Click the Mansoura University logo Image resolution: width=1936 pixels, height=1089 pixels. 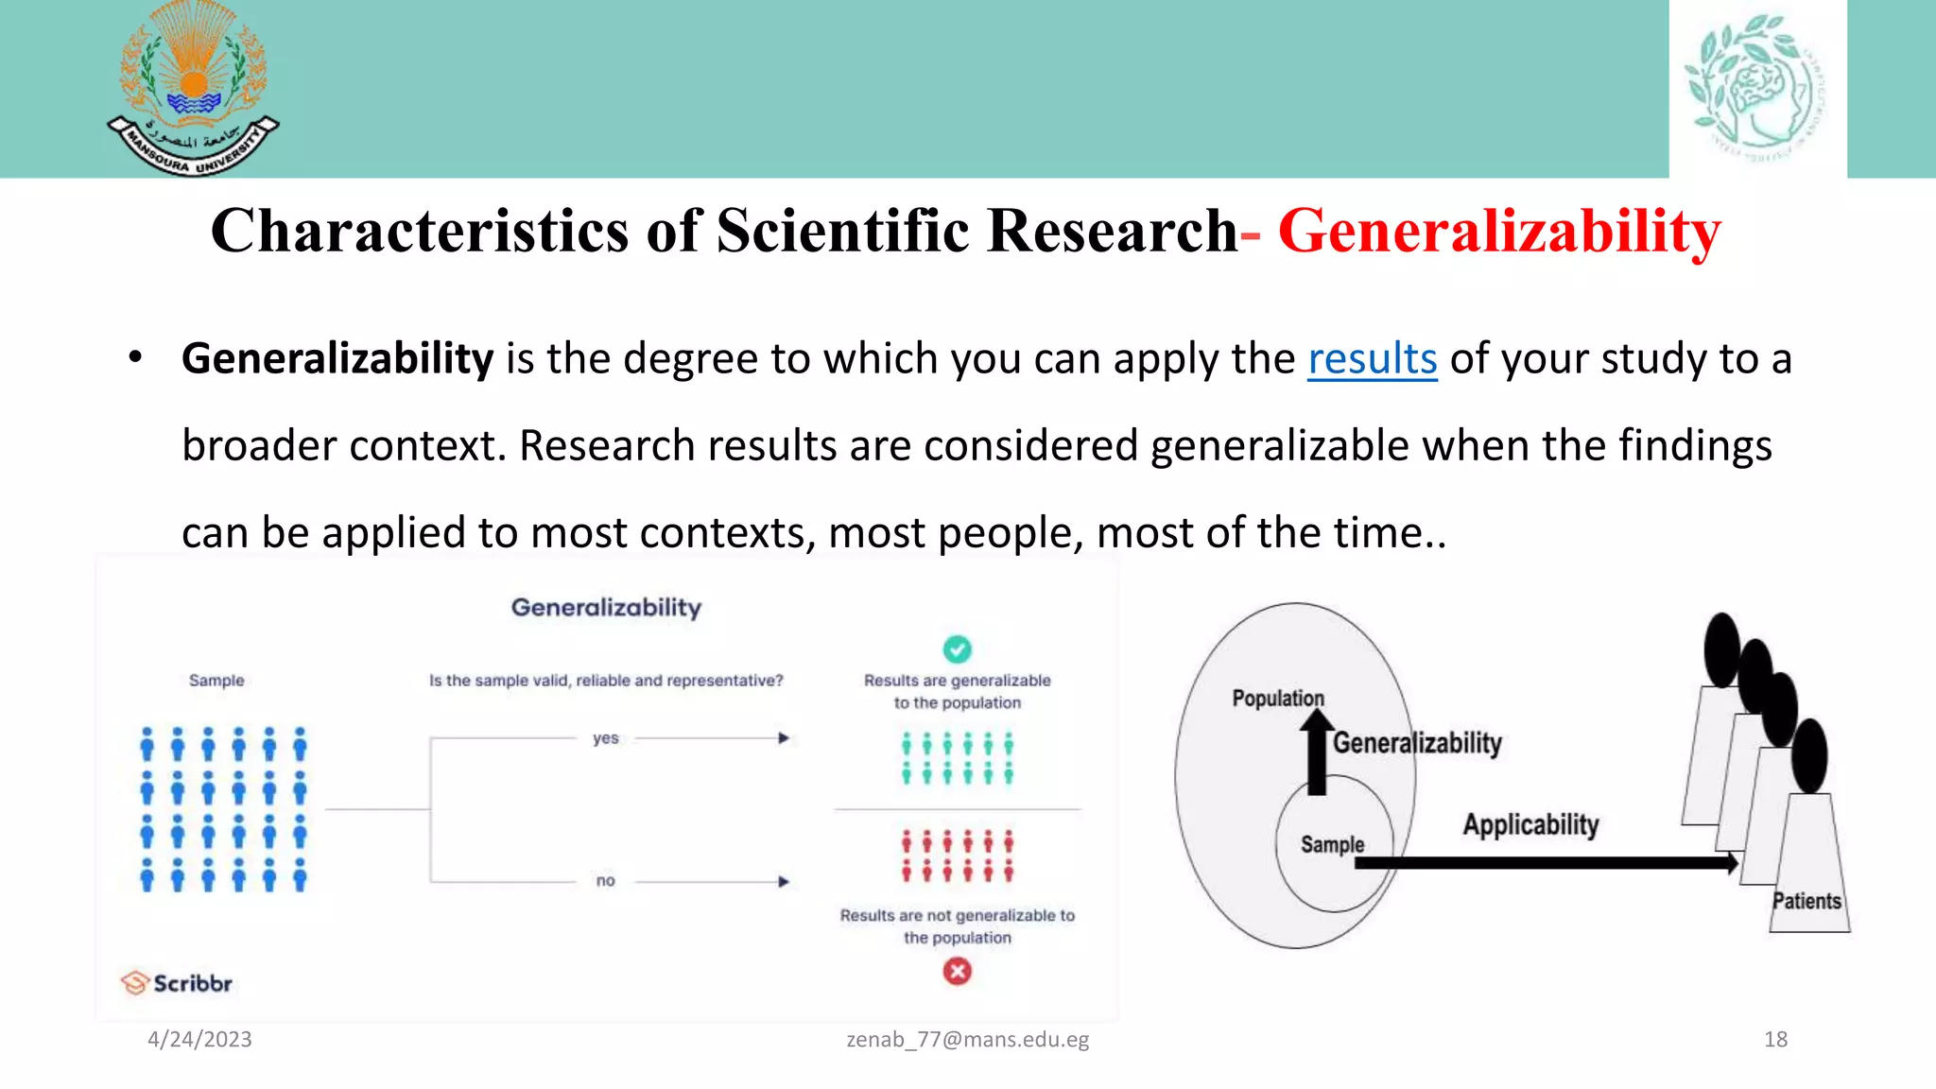193,89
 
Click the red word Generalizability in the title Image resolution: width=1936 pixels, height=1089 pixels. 1499,231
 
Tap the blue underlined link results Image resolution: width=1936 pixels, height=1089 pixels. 1372,359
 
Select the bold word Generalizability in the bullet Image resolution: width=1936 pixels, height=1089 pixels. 337,359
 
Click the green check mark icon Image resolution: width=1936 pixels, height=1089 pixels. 957,649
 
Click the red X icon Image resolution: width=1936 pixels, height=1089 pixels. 957,971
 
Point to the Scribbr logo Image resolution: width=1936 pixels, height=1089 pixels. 177,983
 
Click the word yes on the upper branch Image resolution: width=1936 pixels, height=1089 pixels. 606,738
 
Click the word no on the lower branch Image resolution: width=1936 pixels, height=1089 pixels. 606,881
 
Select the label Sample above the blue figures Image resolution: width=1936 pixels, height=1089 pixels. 216,681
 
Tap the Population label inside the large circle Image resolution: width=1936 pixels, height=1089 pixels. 1278,699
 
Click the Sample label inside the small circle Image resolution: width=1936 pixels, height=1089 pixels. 1332,844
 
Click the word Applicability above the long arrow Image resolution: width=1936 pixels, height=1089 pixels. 1530,824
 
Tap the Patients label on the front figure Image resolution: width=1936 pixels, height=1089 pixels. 1806,901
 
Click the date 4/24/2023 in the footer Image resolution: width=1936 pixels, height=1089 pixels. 199,1040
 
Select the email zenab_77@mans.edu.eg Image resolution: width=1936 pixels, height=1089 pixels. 967,1040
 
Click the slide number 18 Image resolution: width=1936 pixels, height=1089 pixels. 1775,1040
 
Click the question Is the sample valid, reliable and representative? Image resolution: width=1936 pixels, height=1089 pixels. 606,681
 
